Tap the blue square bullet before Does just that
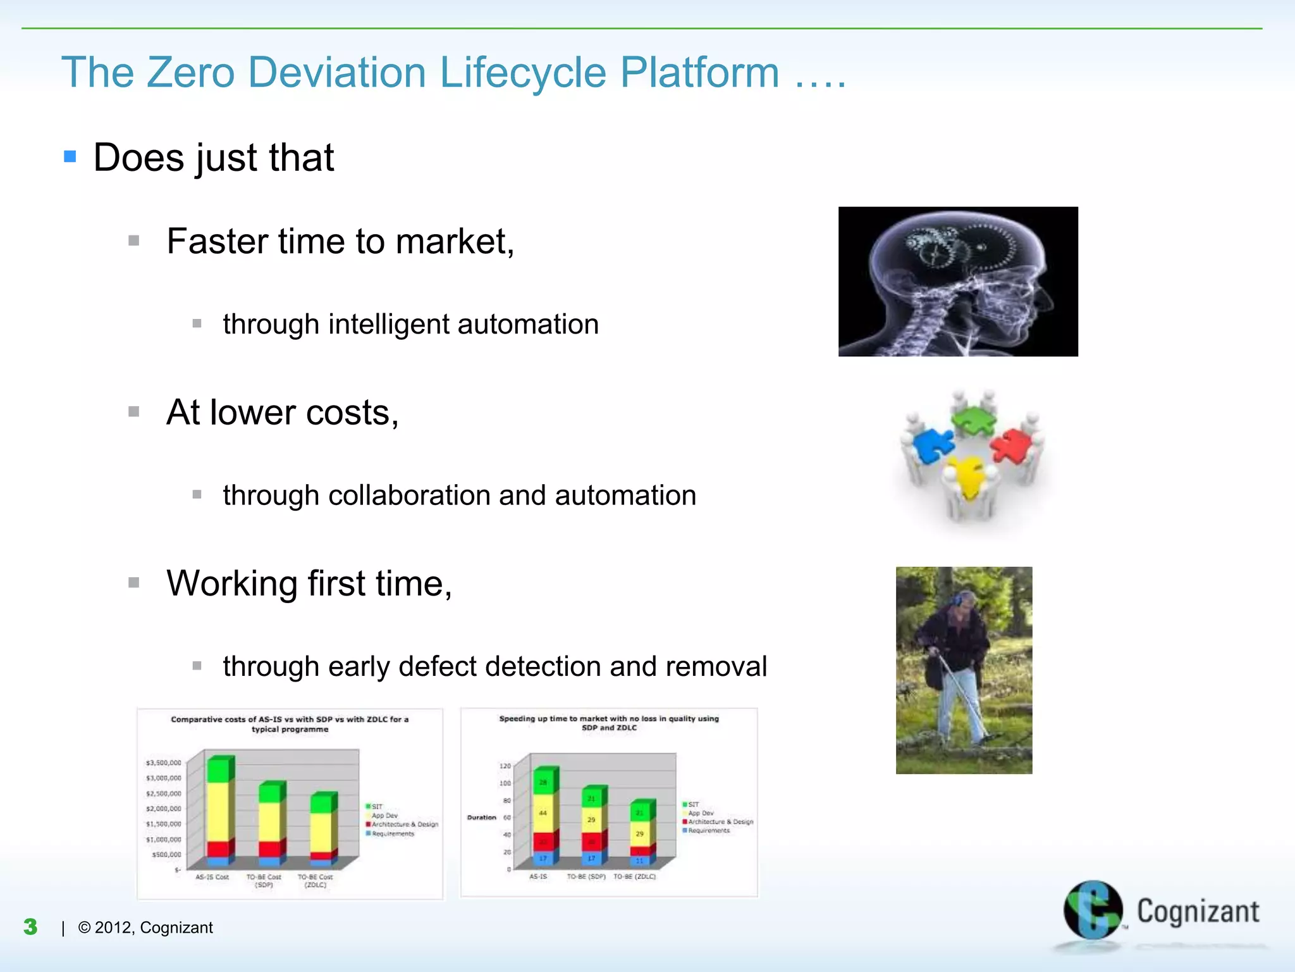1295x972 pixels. (x=70, y=156)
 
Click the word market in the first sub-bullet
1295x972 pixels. (x=454, y=241)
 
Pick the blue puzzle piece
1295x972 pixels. (x=932, y=445)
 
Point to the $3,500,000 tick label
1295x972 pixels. (x=163, y=763)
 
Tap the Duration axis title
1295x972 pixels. (x=481, y=818)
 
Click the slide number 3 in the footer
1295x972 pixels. (x=30, y=927)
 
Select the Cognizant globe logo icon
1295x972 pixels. (x=1092, y=910)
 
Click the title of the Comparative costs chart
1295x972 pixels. (x=290, y=724)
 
